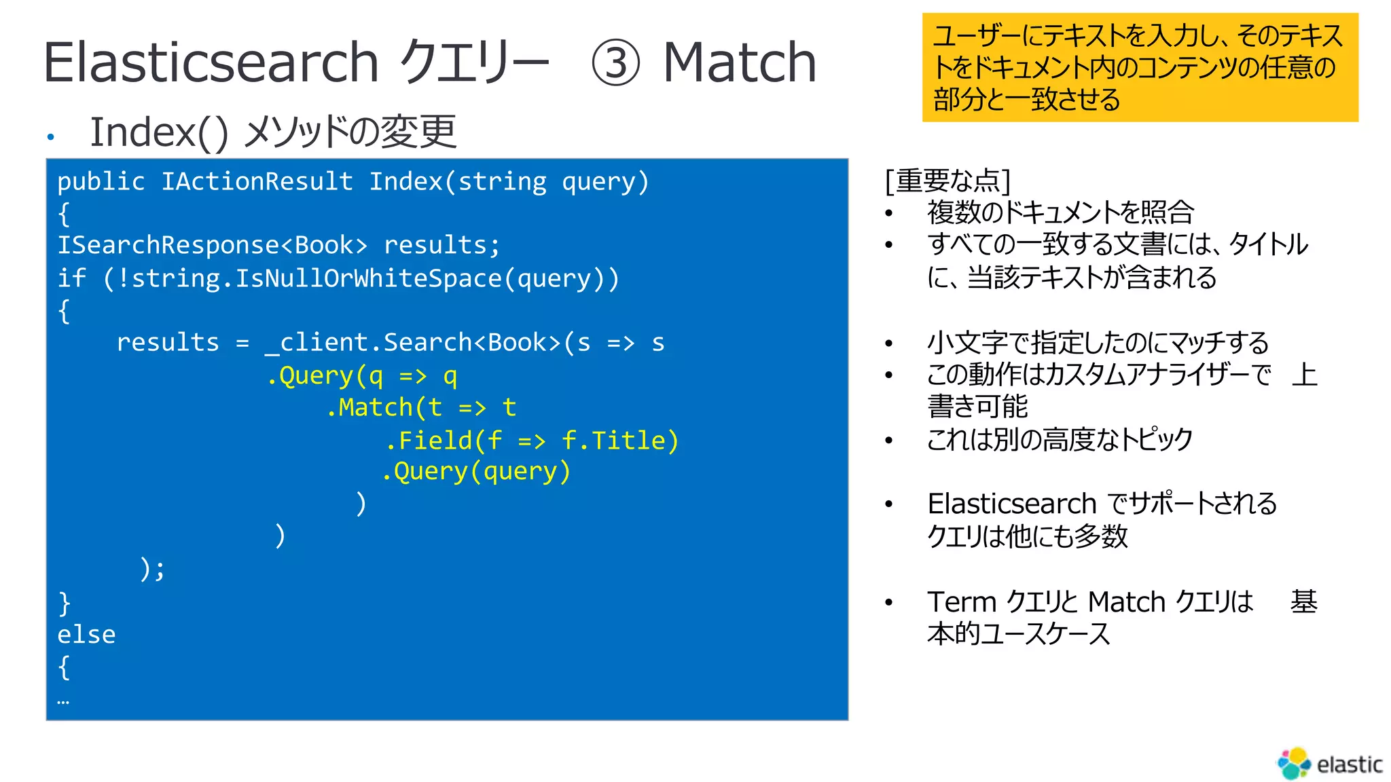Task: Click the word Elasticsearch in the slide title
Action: click(211, 62)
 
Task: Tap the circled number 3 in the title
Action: click(615, 63)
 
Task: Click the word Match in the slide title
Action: click(739, 62)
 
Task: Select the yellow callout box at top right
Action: click(1139, 67)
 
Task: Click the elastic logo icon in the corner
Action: click(1294, 764)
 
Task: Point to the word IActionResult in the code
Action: click(257, 182)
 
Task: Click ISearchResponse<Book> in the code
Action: click(212, 245)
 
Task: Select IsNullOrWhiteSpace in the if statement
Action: click(368, 278)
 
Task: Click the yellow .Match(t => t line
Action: click(421, 407)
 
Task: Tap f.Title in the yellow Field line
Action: click(619, 441)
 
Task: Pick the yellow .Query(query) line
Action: click(476, 471)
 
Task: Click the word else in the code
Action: click(86, 635)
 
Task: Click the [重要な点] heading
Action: click(948, 181)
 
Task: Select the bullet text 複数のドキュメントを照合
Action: click(1060, 212)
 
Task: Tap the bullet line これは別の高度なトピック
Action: click(1060, 440)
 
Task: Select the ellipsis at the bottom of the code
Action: click(63, 701)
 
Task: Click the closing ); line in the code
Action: click(152, 569)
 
